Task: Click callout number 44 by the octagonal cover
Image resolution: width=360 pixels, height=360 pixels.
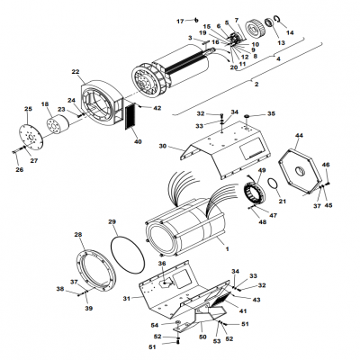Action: point(299,134)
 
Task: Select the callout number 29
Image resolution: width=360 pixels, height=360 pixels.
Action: point(112,221)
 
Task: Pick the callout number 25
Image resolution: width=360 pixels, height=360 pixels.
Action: point(28,109)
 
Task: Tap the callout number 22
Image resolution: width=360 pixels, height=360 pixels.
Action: point(75,71)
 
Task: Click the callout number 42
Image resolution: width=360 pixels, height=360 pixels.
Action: point(157,108)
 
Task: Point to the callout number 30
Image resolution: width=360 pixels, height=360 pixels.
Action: point(163,146)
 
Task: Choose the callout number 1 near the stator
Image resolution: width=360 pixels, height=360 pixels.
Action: point(227,247)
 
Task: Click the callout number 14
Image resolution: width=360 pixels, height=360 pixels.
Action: point(315,32)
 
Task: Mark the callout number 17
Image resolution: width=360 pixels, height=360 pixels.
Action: point(180,20)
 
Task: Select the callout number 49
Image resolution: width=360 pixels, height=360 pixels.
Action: point(263,170)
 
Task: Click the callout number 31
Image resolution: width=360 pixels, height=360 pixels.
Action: point(126,298)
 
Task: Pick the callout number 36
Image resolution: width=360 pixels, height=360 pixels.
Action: point(163,263)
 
